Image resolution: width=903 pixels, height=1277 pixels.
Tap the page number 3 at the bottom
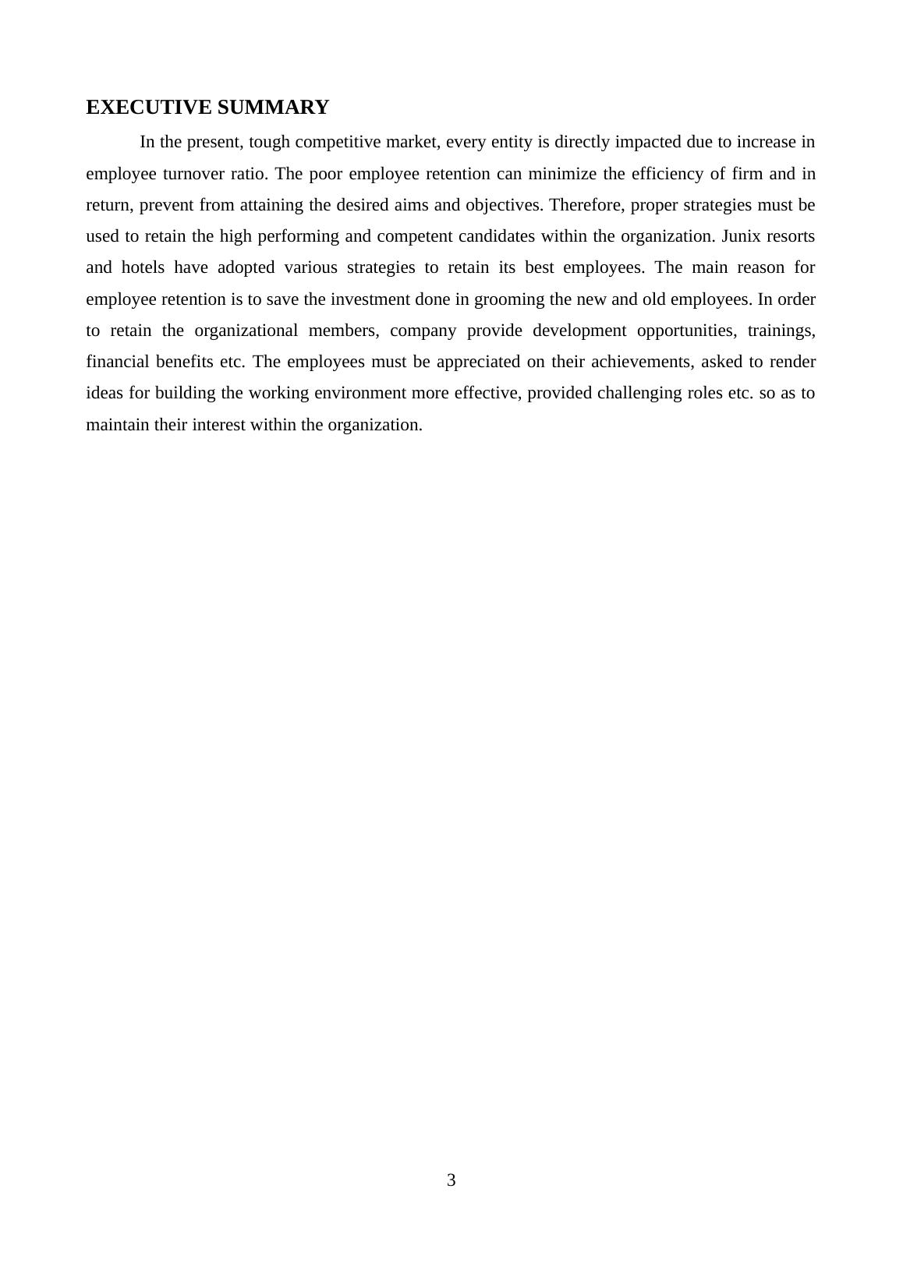pyautogui.click(x=451, y=1180)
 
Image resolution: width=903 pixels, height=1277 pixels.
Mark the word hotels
pyautogui.click(x=143, y=267)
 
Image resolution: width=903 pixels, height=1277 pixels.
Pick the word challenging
pyautogui.click(x=638, y=393)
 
